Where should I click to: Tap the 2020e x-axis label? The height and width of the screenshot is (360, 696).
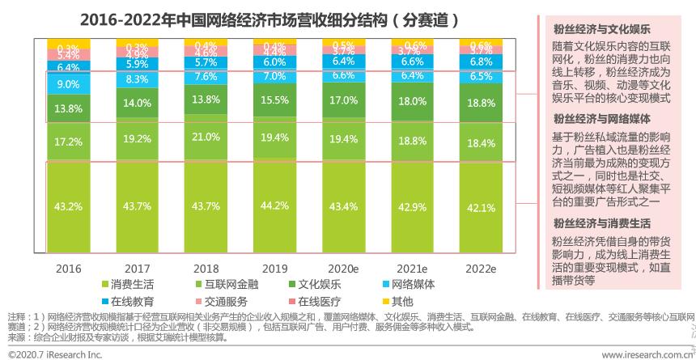(345, 268)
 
